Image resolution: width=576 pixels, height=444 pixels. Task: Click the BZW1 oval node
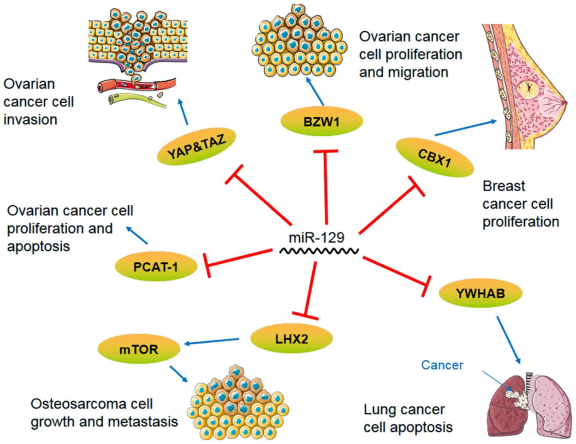coord(322,122)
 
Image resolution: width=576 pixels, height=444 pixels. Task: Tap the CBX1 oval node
coord(434,157)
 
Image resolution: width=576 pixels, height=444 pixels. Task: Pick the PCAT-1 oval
coord(156,267)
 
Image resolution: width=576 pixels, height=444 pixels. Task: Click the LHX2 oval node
coord(291,339)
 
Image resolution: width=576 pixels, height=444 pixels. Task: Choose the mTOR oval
coord(139,349)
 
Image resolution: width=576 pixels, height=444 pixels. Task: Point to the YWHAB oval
coord(480,293)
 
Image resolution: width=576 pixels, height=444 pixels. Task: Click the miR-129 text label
coord(316,238)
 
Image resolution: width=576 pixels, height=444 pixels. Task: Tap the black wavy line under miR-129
coord(319,251)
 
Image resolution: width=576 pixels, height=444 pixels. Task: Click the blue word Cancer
coord(442,365)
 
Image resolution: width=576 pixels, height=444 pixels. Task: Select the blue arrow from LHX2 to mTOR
coord(212,342)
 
